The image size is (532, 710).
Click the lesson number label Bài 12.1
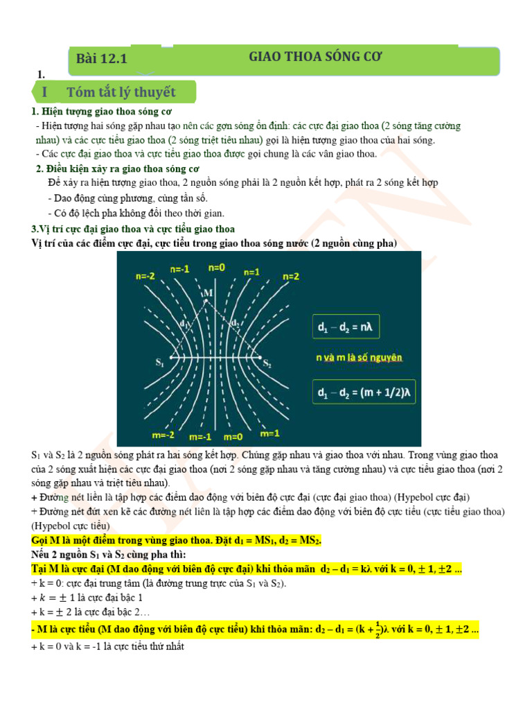tap(102, 60)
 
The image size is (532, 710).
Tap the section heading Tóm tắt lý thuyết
tap(121, 92)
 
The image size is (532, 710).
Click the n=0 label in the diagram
tap(217, 267)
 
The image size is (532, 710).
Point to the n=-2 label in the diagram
tap(145, 275)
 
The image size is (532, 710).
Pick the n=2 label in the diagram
tap(291, 276)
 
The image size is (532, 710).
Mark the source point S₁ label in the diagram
tap(160, 361)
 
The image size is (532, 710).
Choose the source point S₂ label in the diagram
tap(267, 363)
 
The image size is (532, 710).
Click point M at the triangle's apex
tap(207, 293)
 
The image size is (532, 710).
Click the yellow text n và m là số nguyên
tap(359, 358)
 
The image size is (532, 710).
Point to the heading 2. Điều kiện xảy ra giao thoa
tap(117, 168)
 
